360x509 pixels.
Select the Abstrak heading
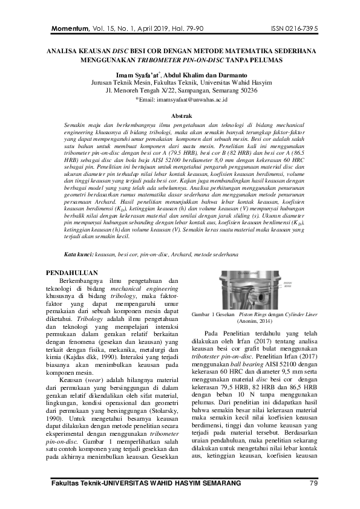pyautogui.click(x=182, y=114)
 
